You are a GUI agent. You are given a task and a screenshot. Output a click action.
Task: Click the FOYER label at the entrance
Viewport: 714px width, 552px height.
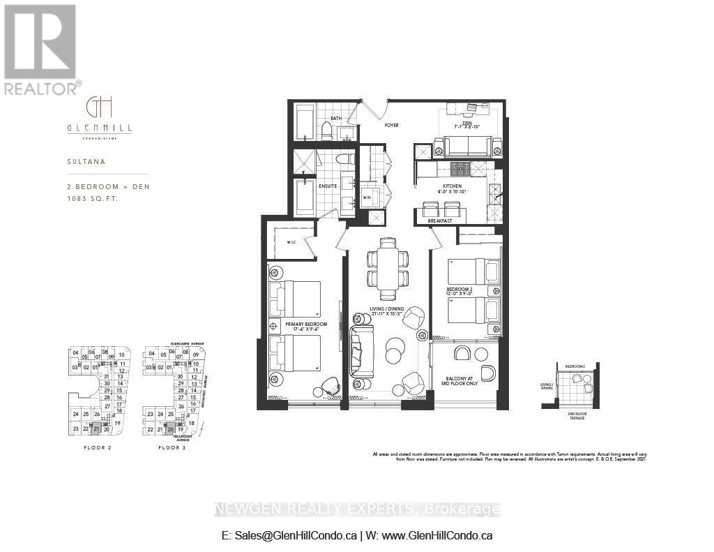391,126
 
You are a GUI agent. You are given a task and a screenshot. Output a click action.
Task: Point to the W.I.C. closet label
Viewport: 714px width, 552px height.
291,243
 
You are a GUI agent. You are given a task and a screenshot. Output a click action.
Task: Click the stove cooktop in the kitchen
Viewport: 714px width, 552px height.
459,169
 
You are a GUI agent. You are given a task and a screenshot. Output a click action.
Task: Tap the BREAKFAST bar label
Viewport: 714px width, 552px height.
440,221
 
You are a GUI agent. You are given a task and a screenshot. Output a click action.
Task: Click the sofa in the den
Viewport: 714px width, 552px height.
466,147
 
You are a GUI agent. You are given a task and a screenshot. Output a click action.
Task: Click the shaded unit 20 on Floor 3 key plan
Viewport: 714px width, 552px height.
170,430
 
